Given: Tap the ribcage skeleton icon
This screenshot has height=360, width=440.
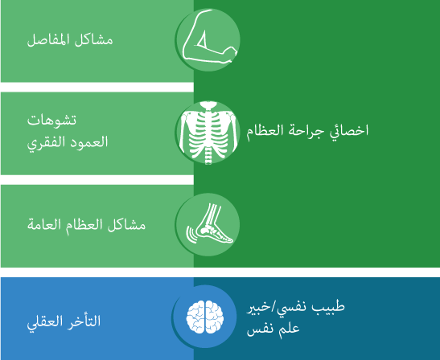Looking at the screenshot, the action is click(208, 133).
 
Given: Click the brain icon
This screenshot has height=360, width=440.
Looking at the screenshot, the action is click(205, 317).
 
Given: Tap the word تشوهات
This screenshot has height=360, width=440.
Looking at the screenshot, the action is click(51, 121).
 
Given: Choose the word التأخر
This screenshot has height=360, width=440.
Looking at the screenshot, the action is click(78, 321).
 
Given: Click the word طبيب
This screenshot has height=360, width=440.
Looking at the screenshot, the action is click(331, 306).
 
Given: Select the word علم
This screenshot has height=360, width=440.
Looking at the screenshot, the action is click(289, 329).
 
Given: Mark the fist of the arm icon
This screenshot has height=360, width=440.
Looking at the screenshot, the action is click(231, 53).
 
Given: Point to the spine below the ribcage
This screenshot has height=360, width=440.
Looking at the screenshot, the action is click(208, 156).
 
